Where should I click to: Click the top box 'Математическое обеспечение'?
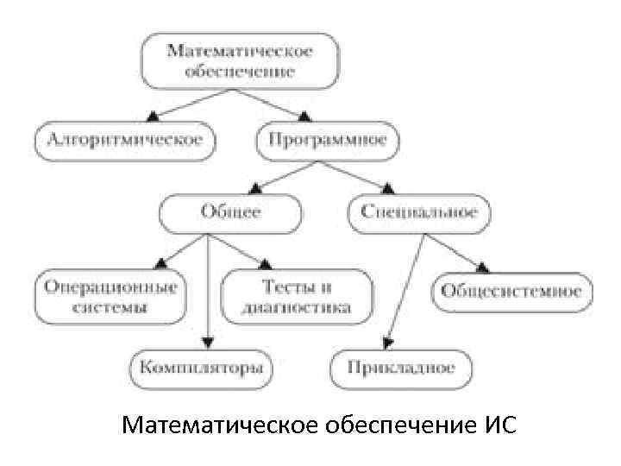[239, 61]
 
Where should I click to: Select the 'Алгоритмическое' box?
[125, 141]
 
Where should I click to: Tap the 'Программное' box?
[327, 141]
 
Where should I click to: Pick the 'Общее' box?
[229, 212]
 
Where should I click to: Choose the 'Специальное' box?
[419, 212]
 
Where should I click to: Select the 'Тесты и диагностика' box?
[297, 296]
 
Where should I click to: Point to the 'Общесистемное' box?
[511, 292]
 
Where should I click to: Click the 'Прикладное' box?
[401, 368]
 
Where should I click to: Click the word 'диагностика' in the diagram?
[297, 306]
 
